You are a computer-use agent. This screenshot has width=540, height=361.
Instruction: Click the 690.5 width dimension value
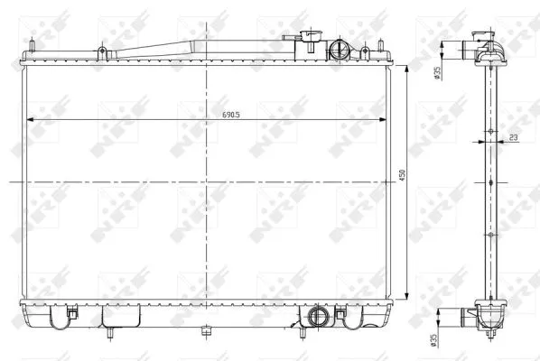pyautogui.click(x=232, y=114)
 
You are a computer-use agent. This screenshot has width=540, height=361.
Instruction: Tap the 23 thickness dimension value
pyautogui.click(x=512, y=137)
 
